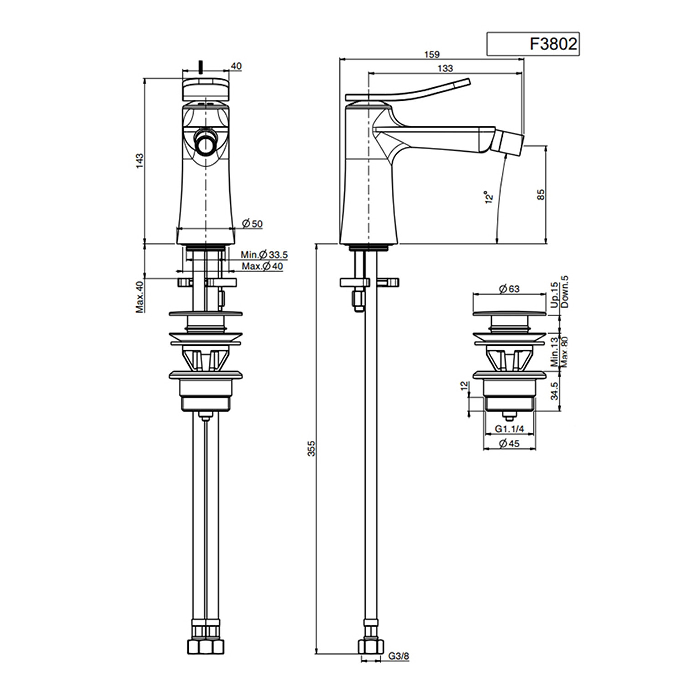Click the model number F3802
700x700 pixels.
553,44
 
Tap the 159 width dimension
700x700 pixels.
432,55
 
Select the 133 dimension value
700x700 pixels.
445,68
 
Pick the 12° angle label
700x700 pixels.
489,197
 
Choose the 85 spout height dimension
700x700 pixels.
541,194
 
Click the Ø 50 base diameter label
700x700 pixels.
252,224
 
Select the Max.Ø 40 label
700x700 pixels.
262,266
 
